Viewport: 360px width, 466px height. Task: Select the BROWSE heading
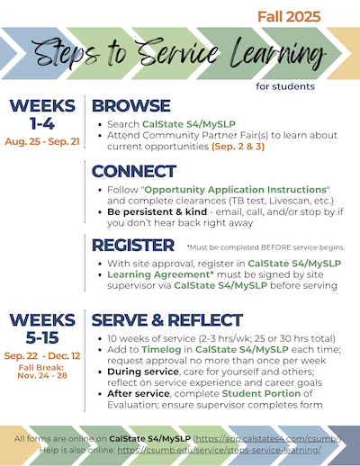pos(131,106)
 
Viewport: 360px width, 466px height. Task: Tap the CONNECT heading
pos(134,171)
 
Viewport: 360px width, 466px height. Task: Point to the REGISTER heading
pos(133,245)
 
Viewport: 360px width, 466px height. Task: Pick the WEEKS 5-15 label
pos(41,327)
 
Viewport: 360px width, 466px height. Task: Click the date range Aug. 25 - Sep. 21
pos(41,142)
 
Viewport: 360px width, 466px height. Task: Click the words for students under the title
pos(284,87)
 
